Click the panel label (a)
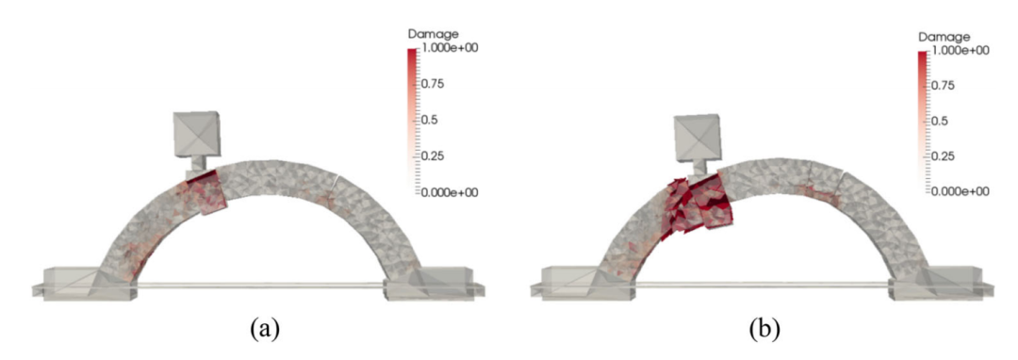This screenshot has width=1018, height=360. tap(266, 330)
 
